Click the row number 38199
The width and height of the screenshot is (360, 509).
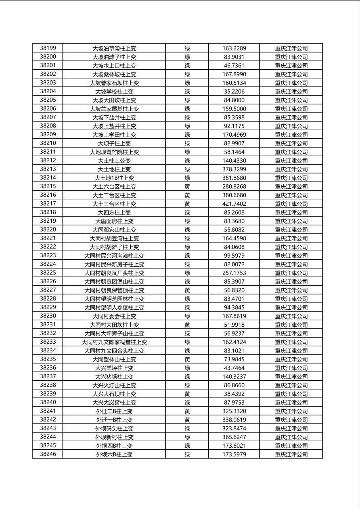pyautogui.click(x=48, y=48)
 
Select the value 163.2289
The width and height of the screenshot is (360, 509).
pyautogui.click(x=234, y=48)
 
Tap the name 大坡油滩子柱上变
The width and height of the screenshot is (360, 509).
pyautogui.click(x=114, y=57)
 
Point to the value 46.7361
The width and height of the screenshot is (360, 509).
pyautogui.click(x=234, y=65)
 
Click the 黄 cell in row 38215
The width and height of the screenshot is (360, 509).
pyautogui.click(x=187, y=186)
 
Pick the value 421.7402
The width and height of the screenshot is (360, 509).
pyautogui.click(x=234, y=204)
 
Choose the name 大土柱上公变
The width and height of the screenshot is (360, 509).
pyautogui.click(x=114, y=161)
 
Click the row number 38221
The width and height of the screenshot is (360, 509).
pyautogui.click(x=48, y=238)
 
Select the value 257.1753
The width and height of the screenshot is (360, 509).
pyautogui.click(x=234, y=273)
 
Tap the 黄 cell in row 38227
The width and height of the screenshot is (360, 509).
pyautogui.click(x=187, y=290)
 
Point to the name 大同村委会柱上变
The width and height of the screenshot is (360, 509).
pyautogui.click(x=114, y=316)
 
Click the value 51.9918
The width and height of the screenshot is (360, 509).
pyautogui.click(x=234, y=325)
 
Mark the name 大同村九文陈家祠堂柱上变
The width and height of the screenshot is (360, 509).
pyautogui.click(x=114, y=342)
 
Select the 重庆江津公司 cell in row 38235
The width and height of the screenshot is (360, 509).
pyautogui.click(x=291, y=359)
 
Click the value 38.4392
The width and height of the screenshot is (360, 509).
pyautogui.click(x=234, y=394)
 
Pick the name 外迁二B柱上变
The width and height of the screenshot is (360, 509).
pyautogui.click(x=114, y=411)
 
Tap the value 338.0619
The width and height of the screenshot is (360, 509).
pyautogui.click(x=234, y=420)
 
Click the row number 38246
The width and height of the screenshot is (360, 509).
pyautogui.click(x=48, y=454)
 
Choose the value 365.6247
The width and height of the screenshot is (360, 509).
pyautogui.click(x=234, y=437)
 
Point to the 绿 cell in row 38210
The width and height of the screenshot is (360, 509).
pyautogui.click(x=187, y=143)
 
